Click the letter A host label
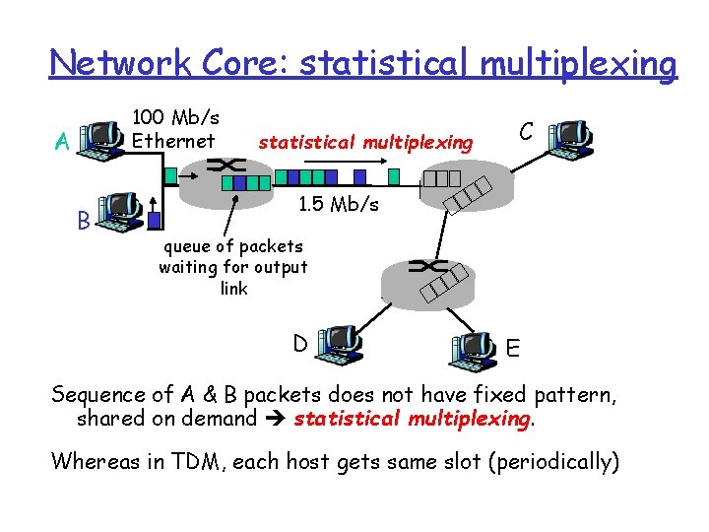[x=61, y=144]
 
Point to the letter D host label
[x=300, y=343]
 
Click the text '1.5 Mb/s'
[x=338, y=204]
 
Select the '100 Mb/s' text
[x=176, y=117]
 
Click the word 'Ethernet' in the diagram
[x=173, y=140]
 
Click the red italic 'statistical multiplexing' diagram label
[x=365, y=143]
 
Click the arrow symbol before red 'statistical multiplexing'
[x=278, y=419]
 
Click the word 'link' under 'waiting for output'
[x=234, y=289]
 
